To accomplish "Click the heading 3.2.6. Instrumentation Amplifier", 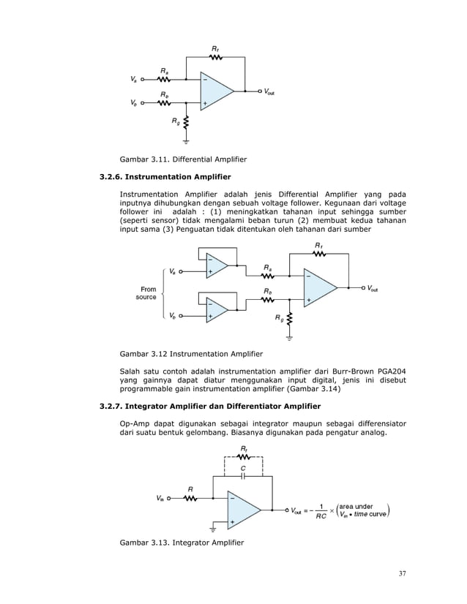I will pyautogui.click(x=165, y=177).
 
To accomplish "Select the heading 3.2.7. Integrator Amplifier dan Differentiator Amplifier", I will pyautogui.click(x=210, y=405).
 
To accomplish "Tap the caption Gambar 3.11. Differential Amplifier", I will pyautogui.click(x=183, y=159).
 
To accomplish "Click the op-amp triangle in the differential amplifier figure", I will pyautogui.click(x=214, y=91).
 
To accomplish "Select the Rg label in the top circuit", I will pyautogui.click(x=175, y=122).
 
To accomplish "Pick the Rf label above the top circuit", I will pyautogui.click(x=216, y=50).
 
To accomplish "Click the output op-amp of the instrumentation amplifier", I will pyautogui.click(x=318, y=289).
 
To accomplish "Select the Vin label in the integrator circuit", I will pyautogui.click(x=160, y=500).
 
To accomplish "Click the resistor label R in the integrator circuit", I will pyautogui.click(x=191, y=488).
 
